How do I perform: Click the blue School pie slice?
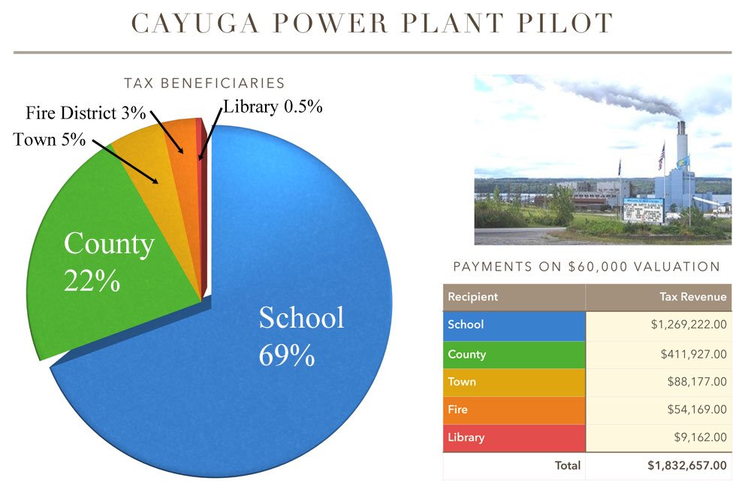pyautogui.click(x=268, y=335)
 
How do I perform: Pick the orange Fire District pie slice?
pyautogui.click(x=185, y=158)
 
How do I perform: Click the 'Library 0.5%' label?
pyautogui.click(x=273, y=107)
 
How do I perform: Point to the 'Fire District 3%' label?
pyautogui.click(x=86, y=113)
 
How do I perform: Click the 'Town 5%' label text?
pyautogui.click(x=50, y=140)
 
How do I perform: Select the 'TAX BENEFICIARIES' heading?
pyautogui.click(x=204, y=83)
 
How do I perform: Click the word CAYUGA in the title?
pyautogui.click(x=195, y=23)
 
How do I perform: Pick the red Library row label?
pyautogui.click(x=514, y=437)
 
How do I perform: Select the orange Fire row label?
pyautogui.click(x=514, y=410)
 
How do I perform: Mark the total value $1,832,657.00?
pyautogui.click(x=687, y=465)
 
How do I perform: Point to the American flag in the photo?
pyautogui.click(x=662, y=157)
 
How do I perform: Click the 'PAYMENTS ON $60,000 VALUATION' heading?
pyautogui.click(x=587, y=267)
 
